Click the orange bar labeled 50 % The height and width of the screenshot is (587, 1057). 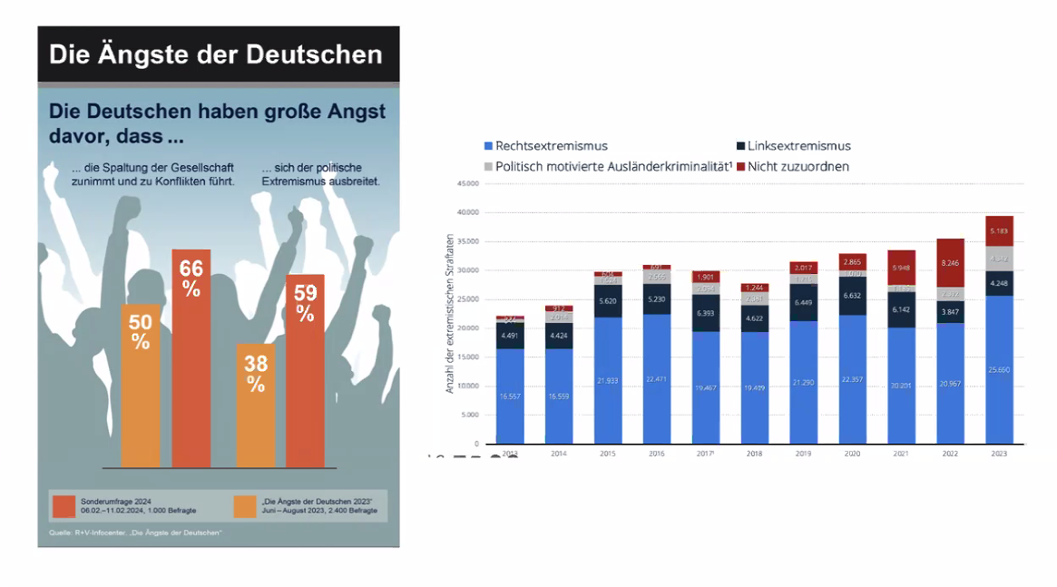coord(141,386)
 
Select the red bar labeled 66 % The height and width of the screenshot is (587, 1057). coord(191,358)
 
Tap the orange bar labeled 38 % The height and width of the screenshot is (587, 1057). coord(256,406)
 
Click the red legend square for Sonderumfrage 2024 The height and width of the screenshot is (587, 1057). coord(64,505)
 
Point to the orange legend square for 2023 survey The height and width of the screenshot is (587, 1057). coord(245,505)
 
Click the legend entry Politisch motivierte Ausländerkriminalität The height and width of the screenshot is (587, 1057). coord(607,167)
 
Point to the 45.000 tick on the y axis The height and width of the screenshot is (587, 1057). coord(467,183)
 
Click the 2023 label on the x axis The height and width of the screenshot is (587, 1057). coord(999,453)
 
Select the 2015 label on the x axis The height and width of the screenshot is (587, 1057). coord(608,453)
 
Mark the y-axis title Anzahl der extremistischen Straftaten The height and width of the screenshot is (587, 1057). coord(450,313)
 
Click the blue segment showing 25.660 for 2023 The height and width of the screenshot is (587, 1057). coord(999,369)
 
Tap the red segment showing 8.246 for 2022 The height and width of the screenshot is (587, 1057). coord(950,263)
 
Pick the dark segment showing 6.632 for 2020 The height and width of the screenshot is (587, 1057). coord(852,296)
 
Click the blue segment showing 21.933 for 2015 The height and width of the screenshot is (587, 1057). coord(608,380)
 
